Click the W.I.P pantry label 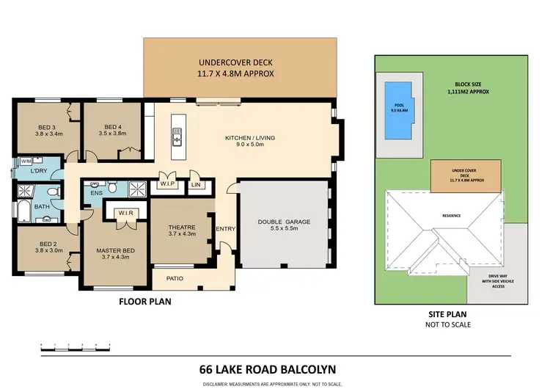pos(167,185)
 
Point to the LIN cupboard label pos(196,185)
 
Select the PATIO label pos(174,278)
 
